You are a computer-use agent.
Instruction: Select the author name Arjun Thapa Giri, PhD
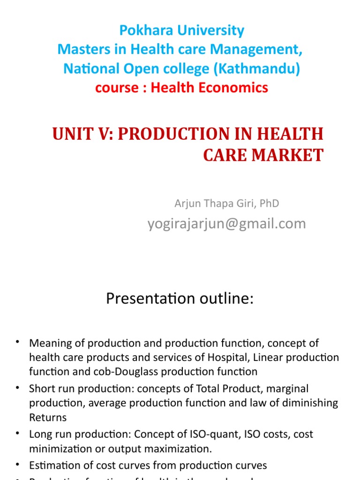(227, 203)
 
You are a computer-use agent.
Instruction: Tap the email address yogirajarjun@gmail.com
(227, 224)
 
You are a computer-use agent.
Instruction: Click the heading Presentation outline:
(180, 299)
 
